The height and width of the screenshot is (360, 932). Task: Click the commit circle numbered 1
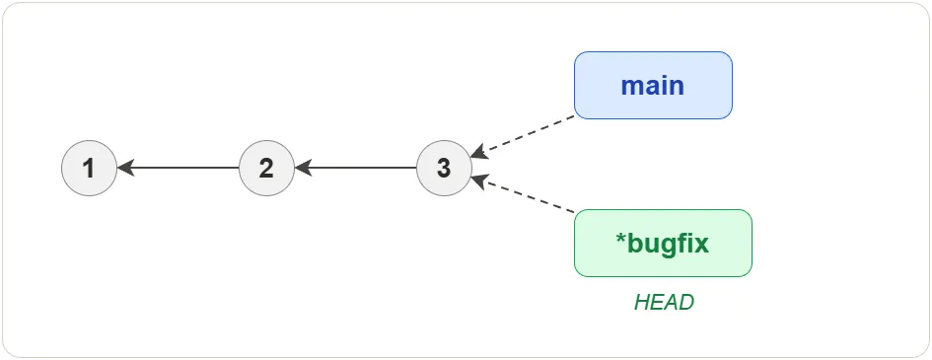[89, 168]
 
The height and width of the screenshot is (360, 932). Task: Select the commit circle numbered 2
[266, 168]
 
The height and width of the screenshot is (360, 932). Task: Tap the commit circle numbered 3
[444, 168]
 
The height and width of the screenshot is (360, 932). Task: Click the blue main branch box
[653, 85]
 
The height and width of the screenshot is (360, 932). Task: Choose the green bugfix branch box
[663, 243]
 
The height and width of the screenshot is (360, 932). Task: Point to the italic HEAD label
[664, 303]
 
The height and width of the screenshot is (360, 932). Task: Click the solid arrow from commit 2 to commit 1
[182, 168]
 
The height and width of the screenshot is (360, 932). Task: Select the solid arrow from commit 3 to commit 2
[360, 168]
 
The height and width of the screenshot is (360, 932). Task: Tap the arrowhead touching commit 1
[124, 168]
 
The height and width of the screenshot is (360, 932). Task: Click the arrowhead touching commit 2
[302, 168]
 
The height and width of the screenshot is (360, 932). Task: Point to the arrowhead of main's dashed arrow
[478, 153]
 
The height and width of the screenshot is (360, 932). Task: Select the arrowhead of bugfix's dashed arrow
[478, 180]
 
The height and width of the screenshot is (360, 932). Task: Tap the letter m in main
[632, 86]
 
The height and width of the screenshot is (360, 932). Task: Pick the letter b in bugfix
[634, 243]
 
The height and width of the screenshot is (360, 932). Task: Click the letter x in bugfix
[702, 244]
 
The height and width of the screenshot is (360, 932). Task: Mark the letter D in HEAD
[686, 303]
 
